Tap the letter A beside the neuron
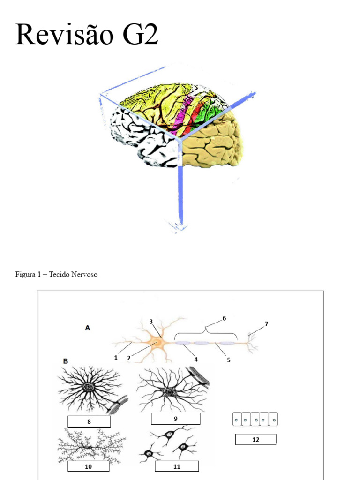[x=87, y=329]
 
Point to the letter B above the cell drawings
[x=66, y=361]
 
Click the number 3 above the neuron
[x=151, y=322]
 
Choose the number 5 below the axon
[x=229, y=360]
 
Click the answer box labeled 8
[x=89, y=421]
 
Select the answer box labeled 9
[x=175, y=419]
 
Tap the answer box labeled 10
[x=88, y=466]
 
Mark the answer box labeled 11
[x=176, y=466]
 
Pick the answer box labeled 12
[x=255, y=440]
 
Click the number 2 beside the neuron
[x=128, y=358]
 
